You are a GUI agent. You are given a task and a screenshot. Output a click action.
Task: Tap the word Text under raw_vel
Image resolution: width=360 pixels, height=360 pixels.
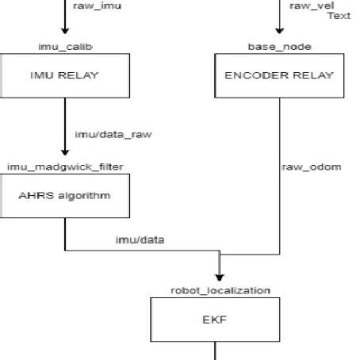(339, 15)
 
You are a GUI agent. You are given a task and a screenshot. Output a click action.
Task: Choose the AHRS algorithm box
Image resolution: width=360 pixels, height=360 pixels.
(65, 196)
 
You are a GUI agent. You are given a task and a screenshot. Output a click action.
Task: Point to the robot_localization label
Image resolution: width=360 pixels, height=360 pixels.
(221, 291)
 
